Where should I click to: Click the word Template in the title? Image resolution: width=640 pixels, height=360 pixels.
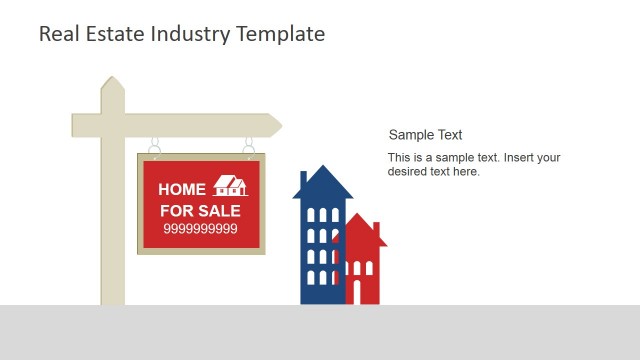point(281,33)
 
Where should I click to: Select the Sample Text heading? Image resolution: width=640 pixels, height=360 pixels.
point(425,135)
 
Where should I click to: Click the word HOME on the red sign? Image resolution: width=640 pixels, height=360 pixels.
point(182,189)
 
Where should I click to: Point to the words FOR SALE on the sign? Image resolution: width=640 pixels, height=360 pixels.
point(200,211)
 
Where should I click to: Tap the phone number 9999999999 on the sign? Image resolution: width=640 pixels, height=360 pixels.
point(200,229)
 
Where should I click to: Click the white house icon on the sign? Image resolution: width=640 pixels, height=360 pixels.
point(231,186)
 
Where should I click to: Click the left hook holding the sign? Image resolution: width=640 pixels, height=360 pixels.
point(154,146)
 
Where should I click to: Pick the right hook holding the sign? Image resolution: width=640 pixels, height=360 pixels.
point(248,146)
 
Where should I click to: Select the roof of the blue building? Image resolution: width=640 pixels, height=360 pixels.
point(322,183)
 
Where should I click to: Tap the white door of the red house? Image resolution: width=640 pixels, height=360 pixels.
point(356,292)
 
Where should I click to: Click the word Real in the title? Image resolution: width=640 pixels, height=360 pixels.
point(57,33)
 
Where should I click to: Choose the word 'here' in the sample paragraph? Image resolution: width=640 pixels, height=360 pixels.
point(466,171)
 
